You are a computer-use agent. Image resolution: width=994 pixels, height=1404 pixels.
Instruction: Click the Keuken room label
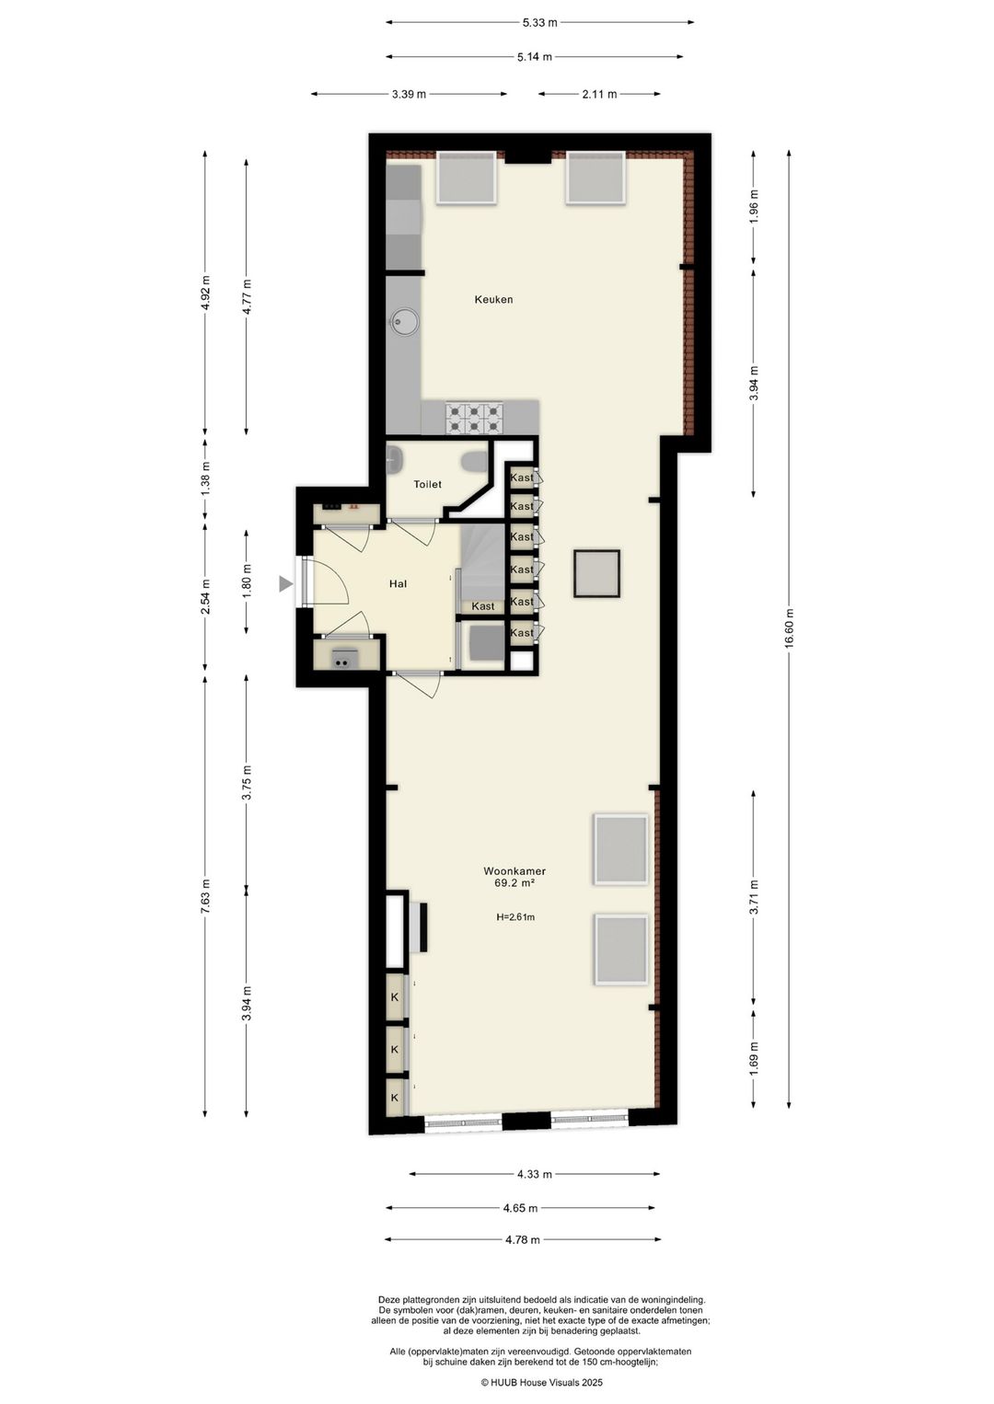(493, 299)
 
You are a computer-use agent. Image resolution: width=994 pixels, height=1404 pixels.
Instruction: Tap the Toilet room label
(427, 484)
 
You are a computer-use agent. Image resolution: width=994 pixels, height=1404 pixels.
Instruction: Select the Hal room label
(398, 583)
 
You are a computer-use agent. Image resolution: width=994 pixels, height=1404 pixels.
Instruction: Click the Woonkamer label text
(514, 870)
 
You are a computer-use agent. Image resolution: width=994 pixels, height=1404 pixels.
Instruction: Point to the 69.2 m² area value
(514, 883)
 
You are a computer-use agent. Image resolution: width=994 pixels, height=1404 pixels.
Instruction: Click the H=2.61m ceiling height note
(514, 916)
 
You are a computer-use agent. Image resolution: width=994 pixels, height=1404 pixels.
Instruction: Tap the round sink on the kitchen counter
(404, 321)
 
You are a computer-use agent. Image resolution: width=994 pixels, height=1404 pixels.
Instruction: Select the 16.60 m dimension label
(789, 629)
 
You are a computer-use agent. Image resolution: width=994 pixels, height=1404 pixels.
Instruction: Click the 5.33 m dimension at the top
(540, 22)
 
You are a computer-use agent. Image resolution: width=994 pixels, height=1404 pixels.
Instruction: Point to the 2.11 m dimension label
(599, 93)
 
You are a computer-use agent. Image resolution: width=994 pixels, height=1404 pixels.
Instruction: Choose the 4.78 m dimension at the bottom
(522, 1239)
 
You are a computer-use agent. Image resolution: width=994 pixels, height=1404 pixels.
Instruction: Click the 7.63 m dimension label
(205, 896)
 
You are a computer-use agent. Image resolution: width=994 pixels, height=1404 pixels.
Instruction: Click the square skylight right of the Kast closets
(596, 573)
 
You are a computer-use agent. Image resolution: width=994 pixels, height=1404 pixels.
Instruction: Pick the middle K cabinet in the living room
(395, 1049)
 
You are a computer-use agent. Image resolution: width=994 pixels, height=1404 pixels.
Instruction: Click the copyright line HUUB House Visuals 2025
(541, 1382)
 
